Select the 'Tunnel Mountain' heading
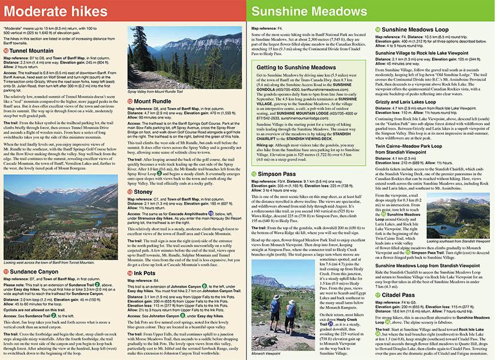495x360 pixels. pos(36,50)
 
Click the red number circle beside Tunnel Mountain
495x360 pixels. pos(6,50)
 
